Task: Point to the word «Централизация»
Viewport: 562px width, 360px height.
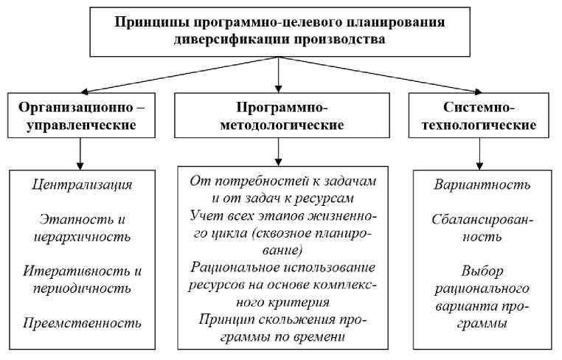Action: pyautogui.click(x=83, y=184)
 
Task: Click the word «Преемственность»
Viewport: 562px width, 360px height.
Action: pyautogui.click(x=83, y=322)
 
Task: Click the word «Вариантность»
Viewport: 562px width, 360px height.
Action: pyautogui.click(x=481, y=184)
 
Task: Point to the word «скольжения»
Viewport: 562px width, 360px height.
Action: pyautogui.click(x=291, y=319)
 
